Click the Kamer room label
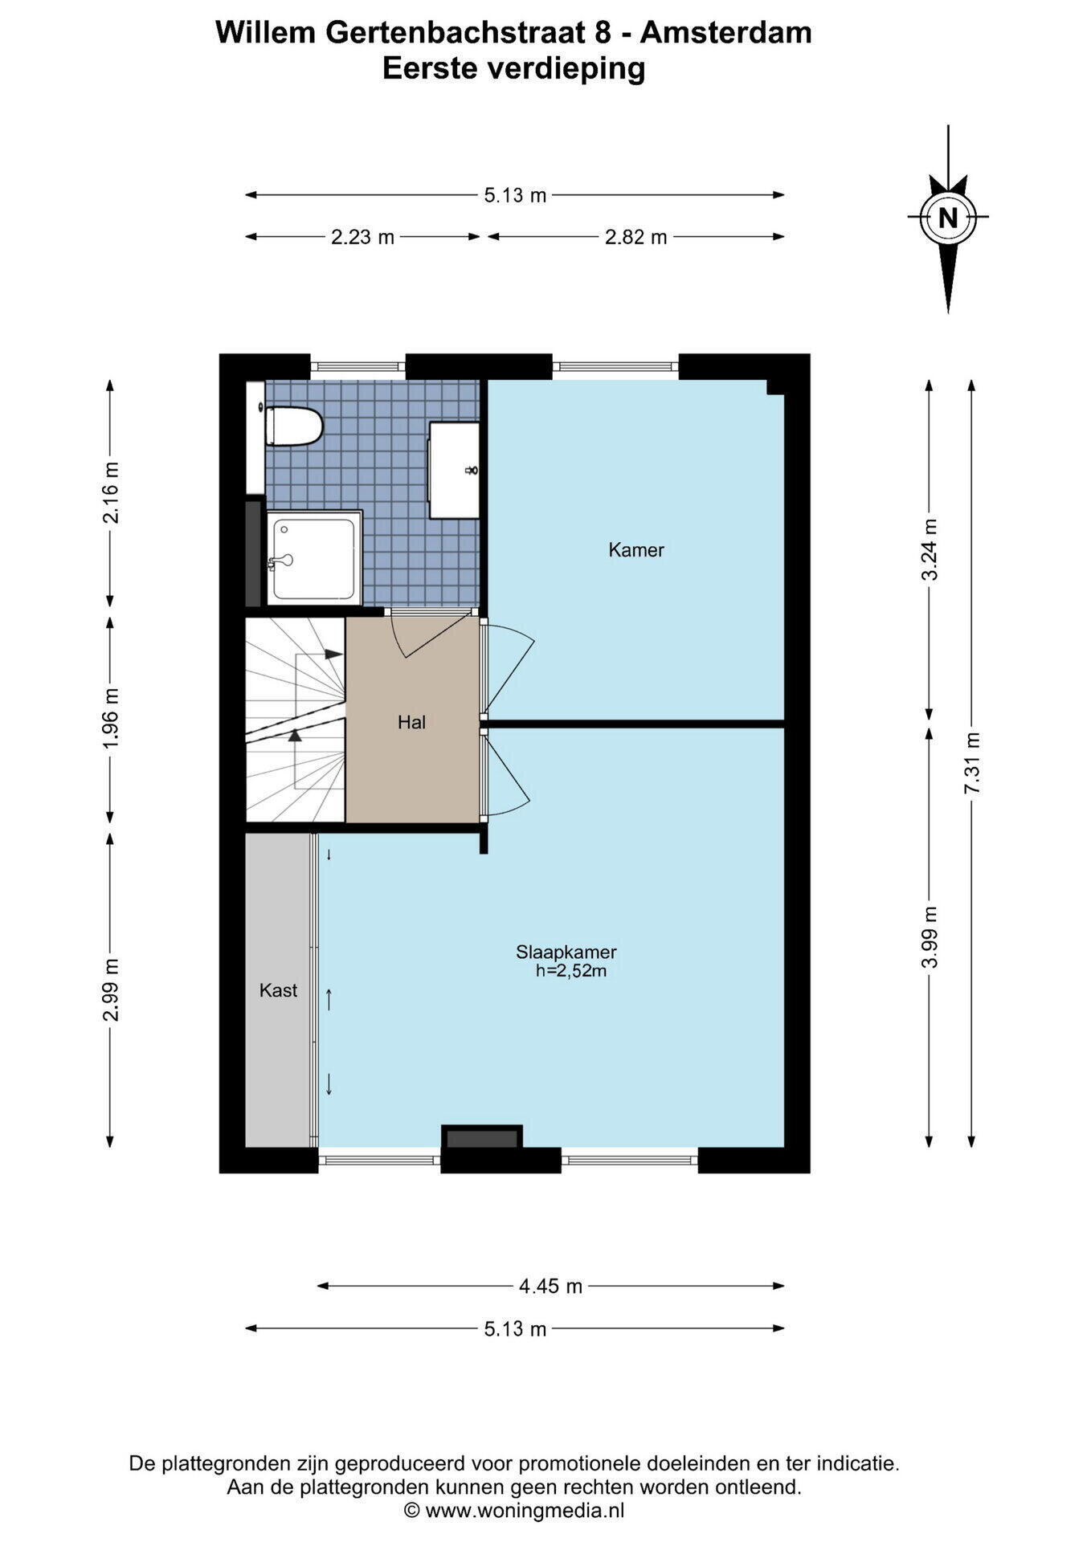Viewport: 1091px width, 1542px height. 636,550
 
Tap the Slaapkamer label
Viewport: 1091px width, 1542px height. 566,952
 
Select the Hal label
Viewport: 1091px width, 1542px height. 411,722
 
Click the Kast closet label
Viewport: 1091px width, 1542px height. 278,990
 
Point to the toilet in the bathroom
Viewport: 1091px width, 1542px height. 294,426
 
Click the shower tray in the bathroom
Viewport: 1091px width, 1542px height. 313,557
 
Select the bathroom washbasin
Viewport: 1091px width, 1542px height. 454,470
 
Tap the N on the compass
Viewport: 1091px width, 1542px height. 948,217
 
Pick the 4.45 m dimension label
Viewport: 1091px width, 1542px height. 550,1286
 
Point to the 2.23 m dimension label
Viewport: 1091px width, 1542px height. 363,237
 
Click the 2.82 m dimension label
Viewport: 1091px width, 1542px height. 636,237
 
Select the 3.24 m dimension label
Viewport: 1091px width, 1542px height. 930,549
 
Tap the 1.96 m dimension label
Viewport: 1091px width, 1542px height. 111,718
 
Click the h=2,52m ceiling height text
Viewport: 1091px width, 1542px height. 570,971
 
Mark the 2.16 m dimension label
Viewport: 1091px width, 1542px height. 111,492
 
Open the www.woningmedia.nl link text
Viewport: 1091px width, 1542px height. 525,1511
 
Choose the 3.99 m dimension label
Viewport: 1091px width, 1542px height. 930,937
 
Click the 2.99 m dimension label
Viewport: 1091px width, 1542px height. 111,989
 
